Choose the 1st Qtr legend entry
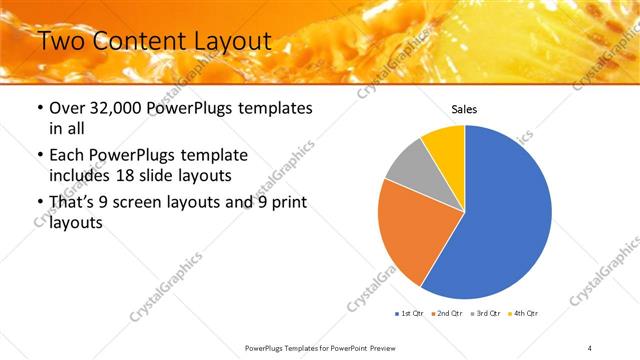click(410, 314)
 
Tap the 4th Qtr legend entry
click(523, 314)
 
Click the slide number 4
click(590, 347)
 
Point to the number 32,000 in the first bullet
click(116, 108)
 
